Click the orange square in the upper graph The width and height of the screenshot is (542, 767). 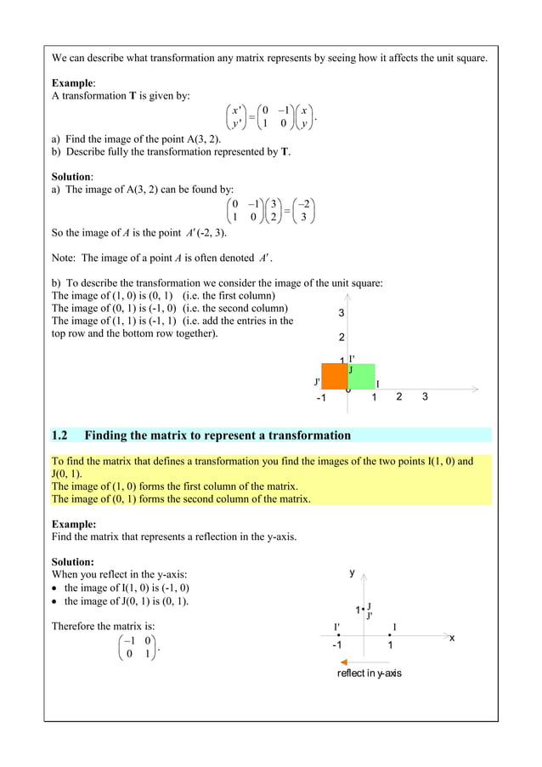[335, 376]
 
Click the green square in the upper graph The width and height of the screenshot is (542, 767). [361, 376]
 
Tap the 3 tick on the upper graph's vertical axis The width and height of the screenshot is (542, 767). [342, 313]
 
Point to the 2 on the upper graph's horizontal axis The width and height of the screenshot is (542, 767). [399, 398]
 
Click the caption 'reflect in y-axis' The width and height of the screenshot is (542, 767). [369, 673]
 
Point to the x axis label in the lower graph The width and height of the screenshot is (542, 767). [452, 638]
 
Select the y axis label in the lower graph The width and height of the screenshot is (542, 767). [353, 573]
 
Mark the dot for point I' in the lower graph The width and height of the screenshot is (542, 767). [338, 635]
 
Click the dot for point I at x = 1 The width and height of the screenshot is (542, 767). [388, 635]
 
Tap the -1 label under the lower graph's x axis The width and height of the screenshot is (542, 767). [336, 646]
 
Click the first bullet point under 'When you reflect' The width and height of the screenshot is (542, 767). [56, 588]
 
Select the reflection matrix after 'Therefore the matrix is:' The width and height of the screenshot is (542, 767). [136, 647]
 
